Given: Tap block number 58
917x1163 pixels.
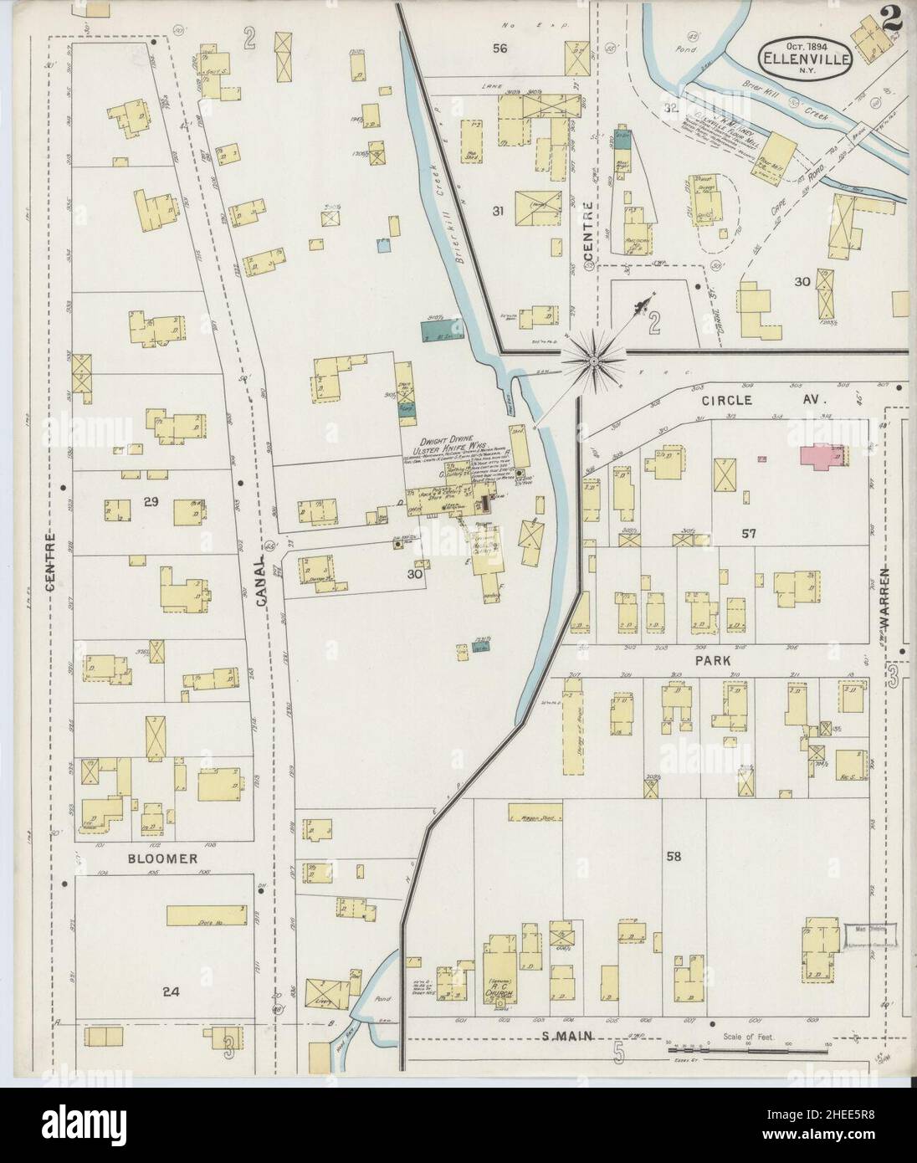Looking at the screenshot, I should [672, 856].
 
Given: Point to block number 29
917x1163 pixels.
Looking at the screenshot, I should [151, 503].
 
